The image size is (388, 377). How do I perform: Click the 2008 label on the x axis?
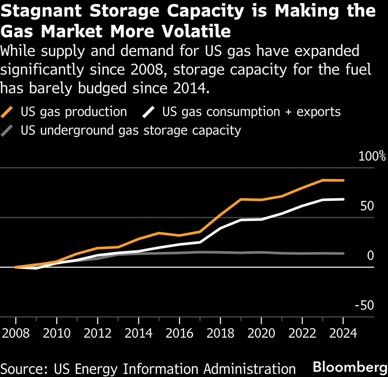click(x=16, y=333)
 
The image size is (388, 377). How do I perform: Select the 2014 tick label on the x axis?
click(x=138, y=333)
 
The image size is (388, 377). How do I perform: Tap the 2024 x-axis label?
click(x=343, y=333)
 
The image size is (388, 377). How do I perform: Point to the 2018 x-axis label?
click(x=220, y=333)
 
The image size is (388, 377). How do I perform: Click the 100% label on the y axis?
click(x=372, y=156)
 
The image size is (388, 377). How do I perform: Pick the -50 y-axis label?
click(x=364, y=305)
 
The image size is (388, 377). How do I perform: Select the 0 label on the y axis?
click(x=370, y=256)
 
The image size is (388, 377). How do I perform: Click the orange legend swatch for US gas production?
click(x=7, y=112)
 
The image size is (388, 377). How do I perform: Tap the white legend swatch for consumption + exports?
click(x=148, y=112)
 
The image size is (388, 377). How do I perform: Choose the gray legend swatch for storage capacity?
click(x=7, y=131)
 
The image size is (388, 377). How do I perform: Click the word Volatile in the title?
click(x=196, y=31)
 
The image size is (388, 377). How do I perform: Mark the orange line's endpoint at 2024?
click(x=343, y=180)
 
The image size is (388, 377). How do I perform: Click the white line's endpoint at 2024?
click(x=343, y=199)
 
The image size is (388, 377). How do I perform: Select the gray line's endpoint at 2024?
click(x=343, y=253)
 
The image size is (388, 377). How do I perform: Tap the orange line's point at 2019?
click(x=241, y=199)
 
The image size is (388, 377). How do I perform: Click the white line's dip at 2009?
click(x=36, y=268)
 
